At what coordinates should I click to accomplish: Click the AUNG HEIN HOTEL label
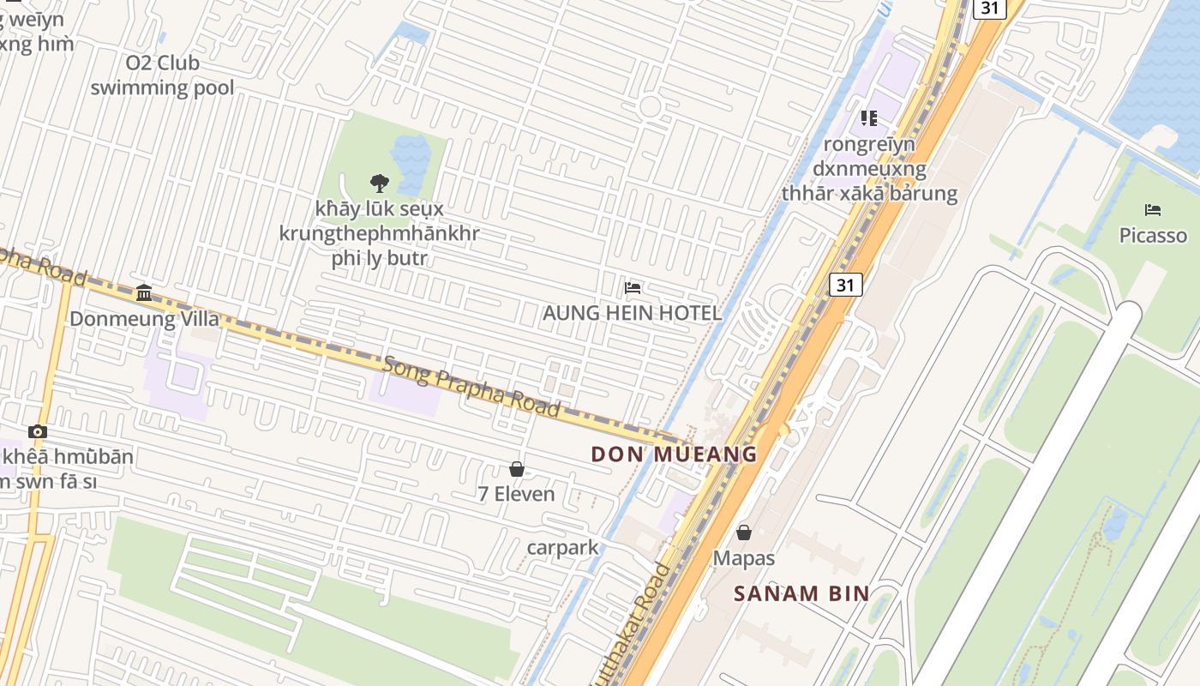coord(633,313)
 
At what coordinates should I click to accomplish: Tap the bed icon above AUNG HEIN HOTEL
coord(633,287)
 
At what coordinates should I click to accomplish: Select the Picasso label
coord(1153,235)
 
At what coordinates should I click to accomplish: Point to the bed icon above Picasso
coord(1153,209)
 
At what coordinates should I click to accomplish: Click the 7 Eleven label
coord(516,494)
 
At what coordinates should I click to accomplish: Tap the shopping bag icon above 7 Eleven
coord(517,469)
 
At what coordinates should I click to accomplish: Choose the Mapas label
coord(744,558)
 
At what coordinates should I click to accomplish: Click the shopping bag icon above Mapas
coord(744,533)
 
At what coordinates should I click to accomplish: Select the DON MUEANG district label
coord(675,454)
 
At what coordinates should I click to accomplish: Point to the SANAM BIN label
coord(801,593)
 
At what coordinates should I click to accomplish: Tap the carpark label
coord(562,547)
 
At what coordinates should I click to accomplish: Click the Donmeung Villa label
coord(144,319)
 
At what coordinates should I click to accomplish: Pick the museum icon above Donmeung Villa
coord(144,293)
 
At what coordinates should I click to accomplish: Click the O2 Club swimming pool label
coord(162,75)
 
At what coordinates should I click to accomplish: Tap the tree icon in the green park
coord(379,183)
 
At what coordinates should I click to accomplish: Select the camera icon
coord(38,431)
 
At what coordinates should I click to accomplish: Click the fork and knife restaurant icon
coord(869,118)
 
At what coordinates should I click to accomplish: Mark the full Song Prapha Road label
coord(472,388)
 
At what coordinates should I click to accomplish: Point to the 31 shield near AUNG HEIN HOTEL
coord(845,285)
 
